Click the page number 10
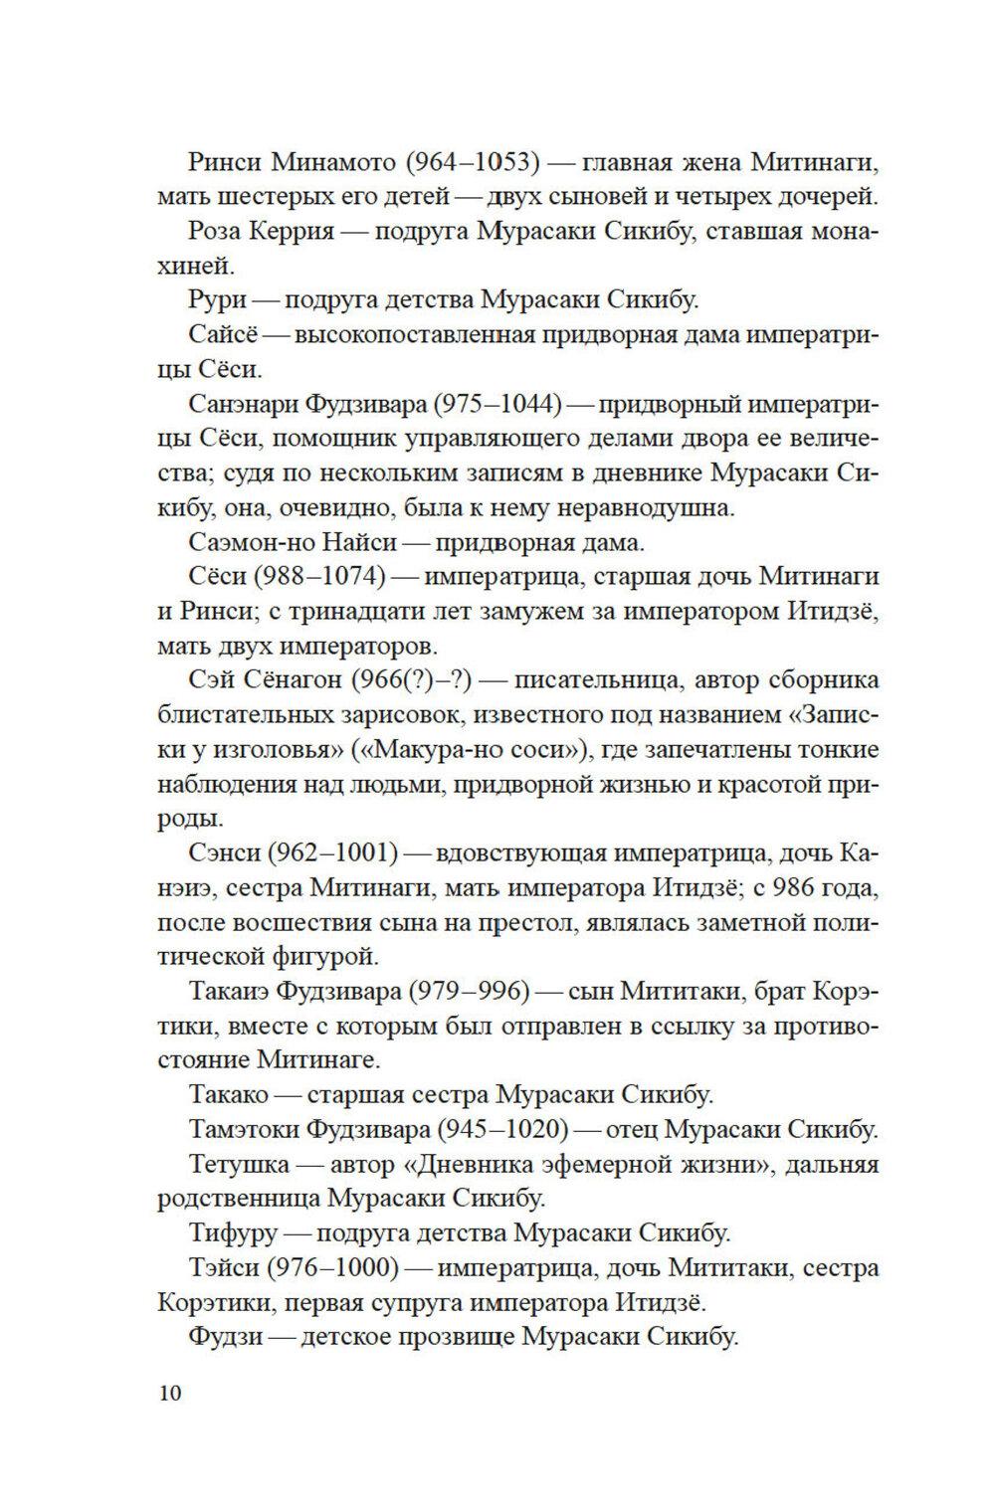coord(169,1393)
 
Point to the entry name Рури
coord(216,300)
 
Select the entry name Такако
coord(229,1094)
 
